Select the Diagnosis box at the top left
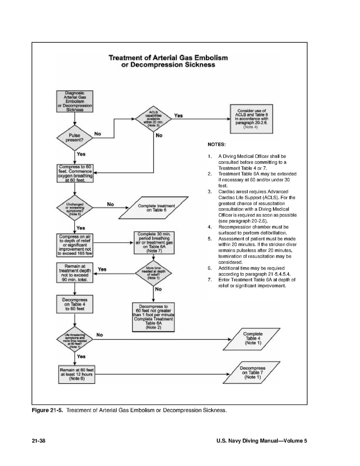74,101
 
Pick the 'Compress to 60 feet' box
74,173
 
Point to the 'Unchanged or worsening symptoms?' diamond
74,208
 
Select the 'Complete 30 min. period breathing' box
154,243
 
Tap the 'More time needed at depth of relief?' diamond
154,273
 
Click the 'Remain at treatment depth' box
74,273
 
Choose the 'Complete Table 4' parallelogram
253,338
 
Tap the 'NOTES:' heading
217,144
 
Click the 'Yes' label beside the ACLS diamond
178,116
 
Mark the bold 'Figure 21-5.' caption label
49,410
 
